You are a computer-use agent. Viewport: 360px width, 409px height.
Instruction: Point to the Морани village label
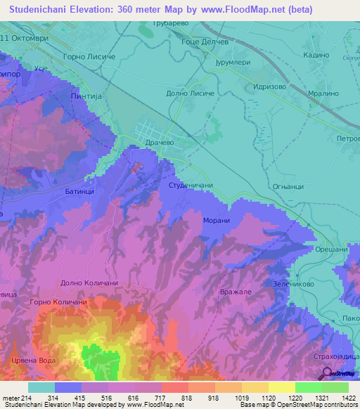[218, 220]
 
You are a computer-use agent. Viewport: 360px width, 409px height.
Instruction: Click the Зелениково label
[292, 284]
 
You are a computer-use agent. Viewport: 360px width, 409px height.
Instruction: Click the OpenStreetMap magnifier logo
[327, 374]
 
